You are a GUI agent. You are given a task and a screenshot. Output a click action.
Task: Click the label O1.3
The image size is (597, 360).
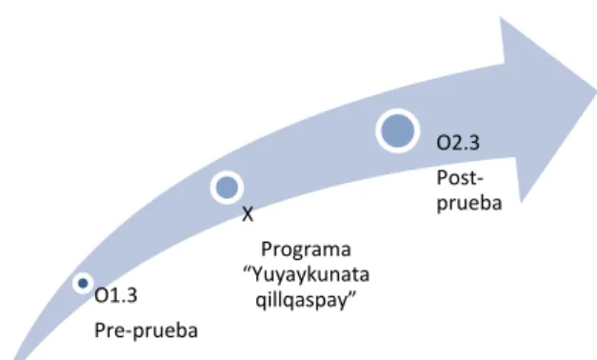tap(116, 295)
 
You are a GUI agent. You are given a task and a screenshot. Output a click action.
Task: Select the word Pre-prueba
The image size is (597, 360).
tap(146, 330)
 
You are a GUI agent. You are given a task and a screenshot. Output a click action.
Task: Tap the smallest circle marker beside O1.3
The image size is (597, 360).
tap(83, 283)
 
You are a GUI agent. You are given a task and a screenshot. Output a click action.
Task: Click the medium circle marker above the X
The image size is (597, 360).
tap(227, 188)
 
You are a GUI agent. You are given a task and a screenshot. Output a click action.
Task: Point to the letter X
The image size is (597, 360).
tap(248, 214)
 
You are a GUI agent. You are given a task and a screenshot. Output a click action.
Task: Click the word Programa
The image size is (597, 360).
tap(306, 250)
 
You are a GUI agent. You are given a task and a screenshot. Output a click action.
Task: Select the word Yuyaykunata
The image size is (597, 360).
tap(310, 275)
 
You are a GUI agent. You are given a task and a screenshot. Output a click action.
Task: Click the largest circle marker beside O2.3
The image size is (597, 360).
tap(398, 130)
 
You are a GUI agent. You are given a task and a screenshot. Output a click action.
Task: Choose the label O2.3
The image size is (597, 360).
tap(458, 143)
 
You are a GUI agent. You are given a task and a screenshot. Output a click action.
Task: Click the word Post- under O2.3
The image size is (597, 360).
tap(460, 178)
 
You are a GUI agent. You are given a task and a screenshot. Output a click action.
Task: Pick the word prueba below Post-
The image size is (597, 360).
tap(469, 203)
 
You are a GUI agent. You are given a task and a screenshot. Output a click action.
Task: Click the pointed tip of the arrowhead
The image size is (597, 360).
tap(595, 91)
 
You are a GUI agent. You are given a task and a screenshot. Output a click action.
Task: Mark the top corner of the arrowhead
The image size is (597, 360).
tap(500, 17)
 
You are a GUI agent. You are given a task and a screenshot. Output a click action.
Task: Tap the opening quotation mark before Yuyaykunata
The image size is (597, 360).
tap(248, 269)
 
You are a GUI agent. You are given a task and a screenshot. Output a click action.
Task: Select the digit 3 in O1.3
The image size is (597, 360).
tap(132, 295)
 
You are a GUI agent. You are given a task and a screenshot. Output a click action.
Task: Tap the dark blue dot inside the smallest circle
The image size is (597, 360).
tap(83, 283)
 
